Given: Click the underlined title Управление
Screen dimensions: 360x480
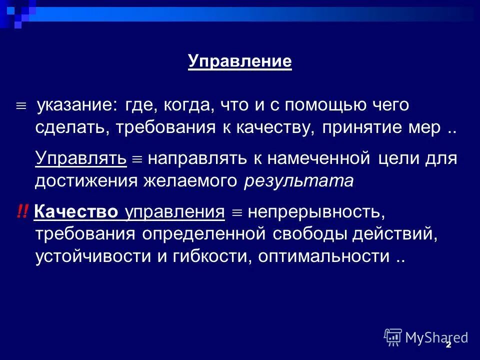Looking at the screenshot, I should coord(240,61).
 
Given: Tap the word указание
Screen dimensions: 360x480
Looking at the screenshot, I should coord(78,106).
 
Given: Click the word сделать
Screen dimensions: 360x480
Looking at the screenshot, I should coord(72,127).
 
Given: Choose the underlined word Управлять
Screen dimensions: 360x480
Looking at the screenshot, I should coord(80,158).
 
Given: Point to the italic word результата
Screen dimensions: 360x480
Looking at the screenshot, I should coord(298,180).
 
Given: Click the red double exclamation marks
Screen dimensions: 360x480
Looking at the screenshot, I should coord(22,212).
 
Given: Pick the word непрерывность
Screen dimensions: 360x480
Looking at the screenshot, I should coord(316,212).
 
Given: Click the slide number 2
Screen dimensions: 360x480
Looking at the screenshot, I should coord(448,344).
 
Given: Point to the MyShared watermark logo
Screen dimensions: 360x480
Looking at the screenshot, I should coord(426,337).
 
